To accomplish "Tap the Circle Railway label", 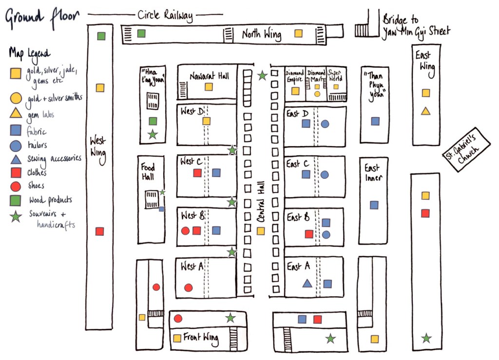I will click(165, 16).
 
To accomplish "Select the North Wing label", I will click(261, 35).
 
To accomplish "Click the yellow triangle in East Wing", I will click(425, 111).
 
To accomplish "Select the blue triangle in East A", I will click(307, 283).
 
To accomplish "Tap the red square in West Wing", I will click(100, 231).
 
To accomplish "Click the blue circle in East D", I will click(325, 124).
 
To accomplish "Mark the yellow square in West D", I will click(207, 121).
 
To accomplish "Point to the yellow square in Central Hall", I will click(261, 231).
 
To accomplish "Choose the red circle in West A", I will click(188, 287).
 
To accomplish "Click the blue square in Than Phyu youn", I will click(375, 121).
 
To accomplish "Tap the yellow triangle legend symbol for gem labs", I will click(16, 114).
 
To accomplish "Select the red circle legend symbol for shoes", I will click(16, 186).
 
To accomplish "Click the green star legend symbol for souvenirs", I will click(16, 216).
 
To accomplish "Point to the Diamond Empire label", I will click(294, 76).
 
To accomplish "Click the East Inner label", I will click(373, 172).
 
